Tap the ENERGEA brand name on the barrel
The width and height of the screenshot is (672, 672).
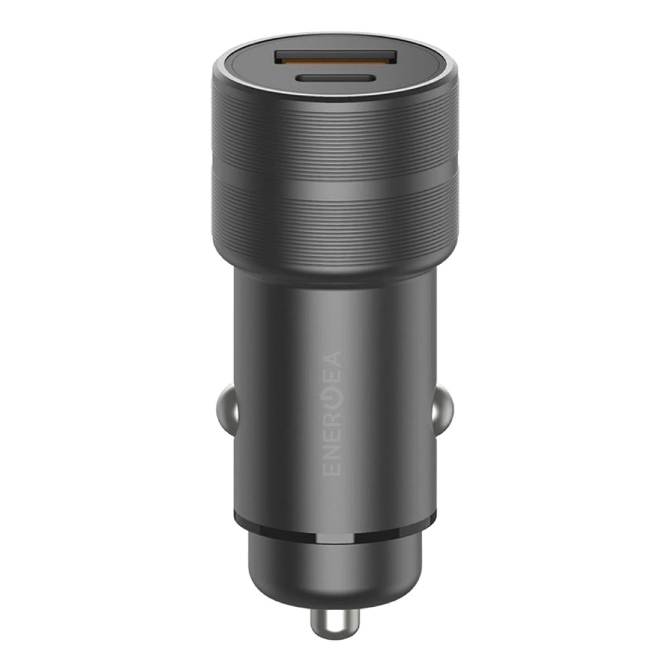[x=332, y=413]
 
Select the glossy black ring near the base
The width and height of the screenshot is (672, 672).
[x=336, y=519]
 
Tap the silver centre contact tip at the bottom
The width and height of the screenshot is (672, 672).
[x=335, y=622]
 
